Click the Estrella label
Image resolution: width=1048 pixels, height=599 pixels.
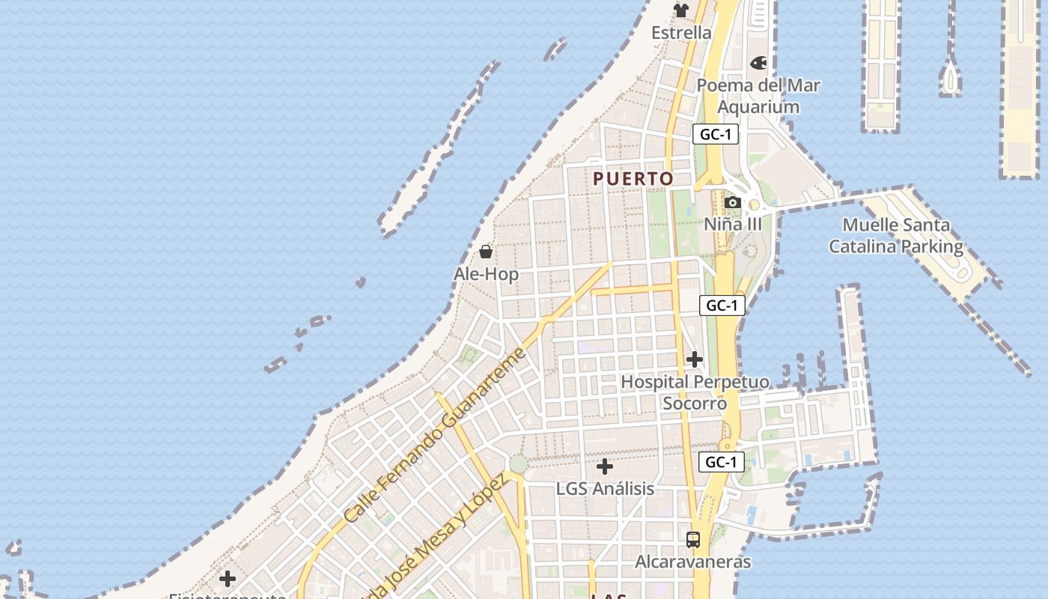(681, 33)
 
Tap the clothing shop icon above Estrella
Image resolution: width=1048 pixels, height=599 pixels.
(681, 10)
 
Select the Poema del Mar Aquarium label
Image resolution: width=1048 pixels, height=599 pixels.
(758, 96)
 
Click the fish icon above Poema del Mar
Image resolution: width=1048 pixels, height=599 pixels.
(758, 63)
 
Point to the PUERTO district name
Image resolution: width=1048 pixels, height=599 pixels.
(633, 179)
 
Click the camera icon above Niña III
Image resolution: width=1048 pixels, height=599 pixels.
(733, 203)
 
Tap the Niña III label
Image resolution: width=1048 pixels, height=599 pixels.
(733, 224)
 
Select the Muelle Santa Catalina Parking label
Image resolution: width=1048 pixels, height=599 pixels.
(896, 235)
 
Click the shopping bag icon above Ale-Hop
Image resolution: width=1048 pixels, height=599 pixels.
(486, 251)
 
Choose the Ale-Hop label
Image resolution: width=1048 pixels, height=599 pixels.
(486, 274)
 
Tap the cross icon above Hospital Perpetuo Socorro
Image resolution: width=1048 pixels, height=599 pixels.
(695, 359)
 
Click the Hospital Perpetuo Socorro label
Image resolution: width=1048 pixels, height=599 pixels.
(695, 392)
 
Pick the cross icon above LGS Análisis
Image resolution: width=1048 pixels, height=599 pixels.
(605, 466)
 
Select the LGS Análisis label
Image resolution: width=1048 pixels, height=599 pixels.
(605, 489)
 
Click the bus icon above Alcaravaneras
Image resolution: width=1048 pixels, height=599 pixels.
(693, 539)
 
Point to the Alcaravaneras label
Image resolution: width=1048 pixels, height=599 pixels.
(693, 562)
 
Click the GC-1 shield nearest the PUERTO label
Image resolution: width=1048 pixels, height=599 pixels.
(716, 135)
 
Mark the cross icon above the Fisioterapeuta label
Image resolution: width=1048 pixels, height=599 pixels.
(228, 579)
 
